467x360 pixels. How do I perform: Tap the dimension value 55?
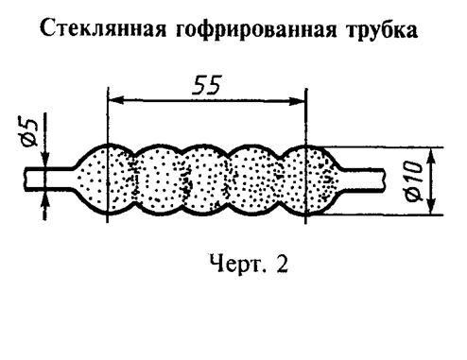207,84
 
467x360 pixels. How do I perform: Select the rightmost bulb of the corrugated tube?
312,179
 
